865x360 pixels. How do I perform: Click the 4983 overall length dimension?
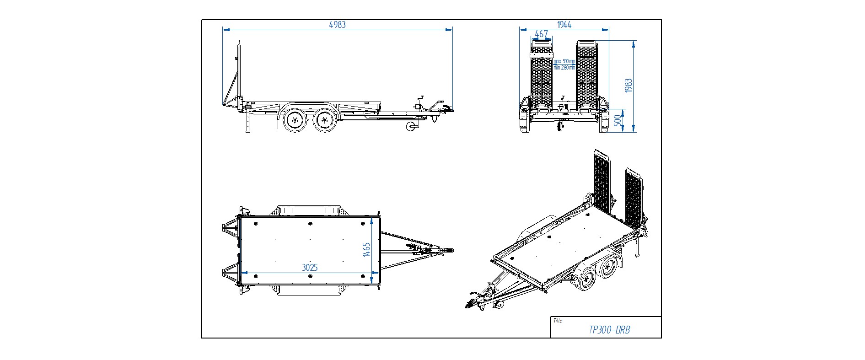(337, 25)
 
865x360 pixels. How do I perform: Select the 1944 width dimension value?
(564, 25)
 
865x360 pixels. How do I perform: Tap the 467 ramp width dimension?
(541, 34)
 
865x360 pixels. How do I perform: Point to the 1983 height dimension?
(629, 86)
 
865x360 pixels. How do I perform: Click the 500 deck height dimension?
(617, 121)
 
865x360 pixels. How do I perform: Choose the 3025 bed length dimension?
(310, 268)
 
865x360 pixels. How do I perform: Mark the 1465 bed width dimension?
(366, 249)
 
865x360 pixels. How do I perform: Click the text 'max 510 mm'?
(564, 61)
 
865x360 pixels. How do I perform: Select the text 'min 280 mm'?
(564, 68)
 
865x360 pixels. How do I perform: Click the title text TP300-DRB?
(609, 330)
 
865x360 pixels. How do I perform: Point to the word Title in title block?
(558, 321)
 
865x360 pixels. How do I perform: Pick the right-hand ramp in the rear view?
(586, 75)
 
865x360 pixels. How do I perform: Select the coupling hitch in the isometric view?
(470, 304)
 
